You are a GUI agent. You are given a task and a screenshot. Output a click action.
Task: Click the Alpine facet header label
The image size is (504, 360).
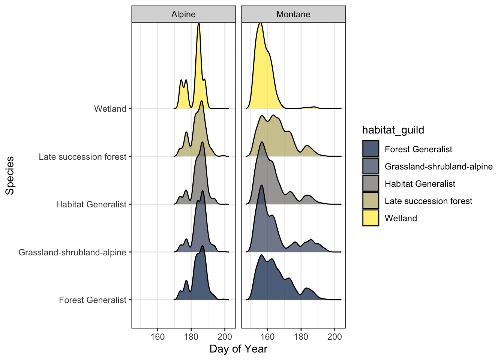(x=183, y=14)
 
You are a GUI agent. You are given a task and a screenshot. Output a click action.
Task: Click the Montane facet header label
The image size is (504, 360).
(x=293, y=14)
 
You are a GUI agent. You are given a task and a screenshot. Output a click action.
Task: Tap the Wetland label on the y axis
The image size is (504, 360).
(x=110, y=109)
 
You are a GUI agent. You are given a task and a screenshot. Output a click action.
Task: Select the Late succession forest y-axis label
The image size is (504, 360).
(x=82, y=157)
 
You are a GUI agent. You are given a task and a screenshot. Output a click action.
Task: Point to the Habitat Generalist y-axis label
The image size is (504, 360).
(x=91, y=204)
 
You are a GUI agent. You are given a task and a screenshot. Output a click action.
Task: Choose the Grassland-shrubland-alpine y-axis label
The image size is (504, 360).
(x=72, y=252)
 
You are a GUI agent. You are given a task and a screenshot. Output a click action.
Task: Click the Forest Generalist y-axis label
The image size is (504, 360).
(x=93, y=300)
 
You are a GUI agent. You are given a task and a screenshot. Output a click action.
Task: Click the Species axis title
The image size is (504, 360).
(x=10, y=175)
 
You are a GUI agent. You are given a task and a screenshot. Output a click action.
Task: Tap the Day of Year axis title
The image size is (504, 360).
(x=238, y=349)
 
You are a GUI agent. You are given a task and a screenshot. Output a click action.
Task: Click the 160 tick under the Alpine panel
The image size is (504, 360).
(x=157, y=336)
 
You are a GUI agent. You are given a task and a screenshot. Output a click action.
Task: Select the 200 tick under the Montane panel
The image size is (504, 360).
(x=334, y=336)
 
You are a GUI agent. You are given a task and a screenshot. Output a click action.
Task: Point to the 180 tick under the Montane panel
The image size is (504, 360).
(x=301, y=336)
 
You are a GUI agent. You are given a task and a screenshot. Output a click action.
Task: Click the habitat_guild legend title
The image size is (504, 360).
(x=393, y=130)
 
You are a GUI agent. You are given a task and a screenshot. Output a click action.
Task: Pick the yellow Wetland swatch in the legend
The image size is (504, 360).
(x=370, y=218)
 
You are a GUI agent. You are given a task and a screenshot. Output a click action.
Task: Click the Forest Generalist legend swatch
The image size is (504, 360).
(x=370, y=149)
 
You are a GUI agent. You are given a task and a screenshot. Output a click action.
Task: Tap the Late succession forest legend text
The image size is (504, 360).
(x=428, y=201)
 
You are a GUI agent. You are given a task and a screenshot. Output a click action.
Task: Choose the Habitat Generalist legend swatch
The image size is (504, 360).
(x=370, y=184)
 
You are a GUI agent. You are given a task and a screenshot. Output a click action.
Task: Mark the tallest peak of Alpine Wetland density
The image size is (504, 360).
(x=198, y=24)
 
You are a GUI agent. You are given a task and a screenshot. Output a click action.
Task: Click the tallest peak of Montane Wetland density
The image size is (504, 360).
(x=260, y=23)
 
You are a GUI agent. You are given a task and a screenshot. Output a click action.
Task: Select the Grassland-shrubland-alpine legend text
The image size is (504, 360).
(x=439, y=166)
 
